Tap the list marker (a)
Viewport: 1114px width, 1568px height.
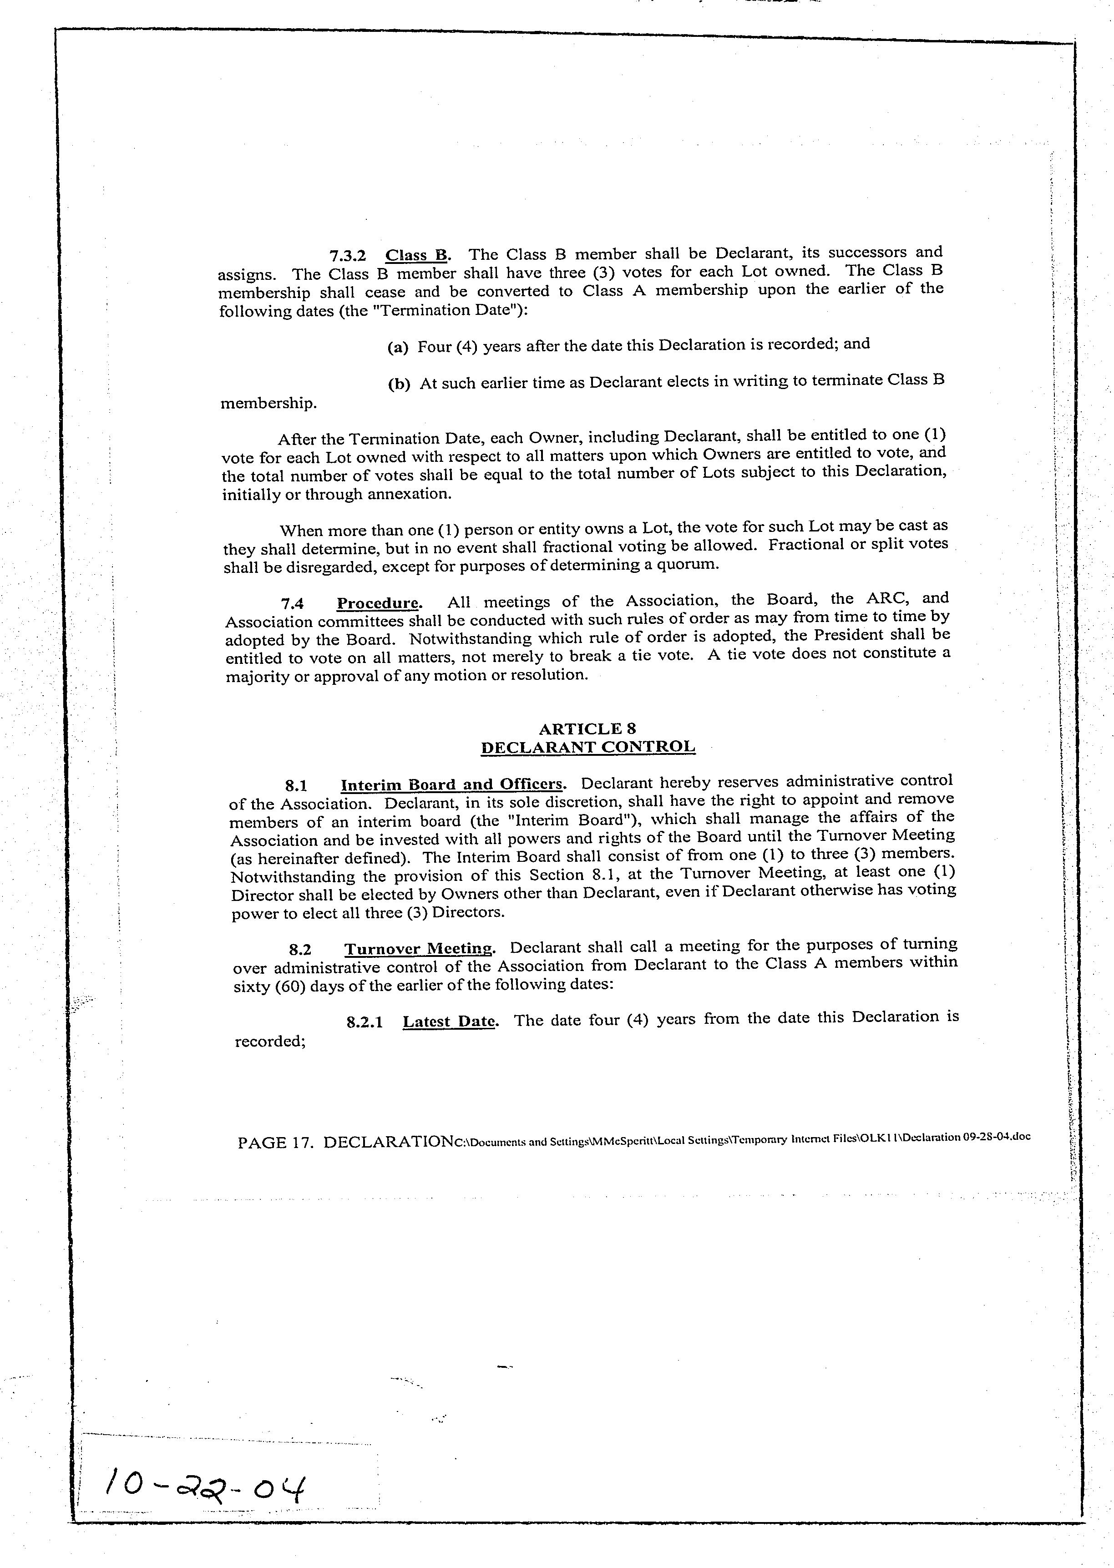tap(398, 348)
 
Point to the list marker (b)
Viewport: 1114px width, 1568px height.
tap(399, 384)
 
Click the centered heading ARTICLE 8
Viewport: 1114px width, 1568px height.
tap(588, 728)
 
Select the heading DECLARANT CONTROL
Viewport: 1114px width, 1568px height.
tap(588, 747)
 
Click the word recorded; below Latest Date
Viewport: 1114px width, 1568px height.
tap(269, 1041)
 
